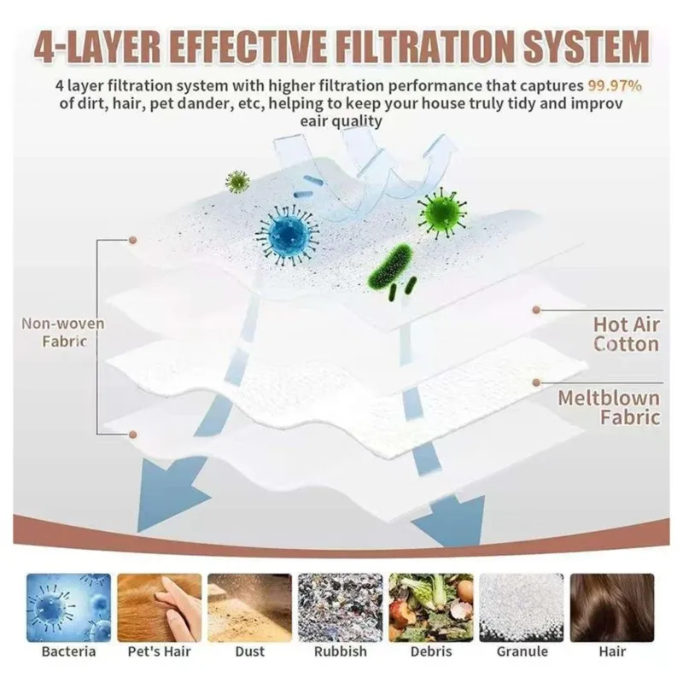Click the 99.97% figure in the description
coord(615,86)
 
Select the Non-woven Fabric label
coord(63,332)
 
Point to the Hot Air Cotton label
coord(627,334)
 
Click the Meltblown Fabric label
coord(609,408)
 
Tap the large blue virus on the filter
coord(288,236)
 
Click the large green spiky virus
coord(441,213)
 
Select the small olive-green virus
coord(237,182)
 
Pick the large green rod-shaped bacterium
coord(389,266)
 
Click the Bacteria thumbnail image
coord(69,608)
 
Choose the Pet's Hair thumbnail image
coord(160,608)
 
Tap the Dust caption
coord(249,651)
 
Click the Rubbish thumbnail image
coord(340,608)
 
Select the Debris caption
coord(431,651)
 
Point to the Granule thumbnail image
coord(522,608)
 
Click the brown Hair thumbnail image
coord(612,608)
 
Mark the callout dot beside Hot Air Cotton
coord(536,310)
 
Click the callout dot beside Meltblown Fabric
coord(536,382)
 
